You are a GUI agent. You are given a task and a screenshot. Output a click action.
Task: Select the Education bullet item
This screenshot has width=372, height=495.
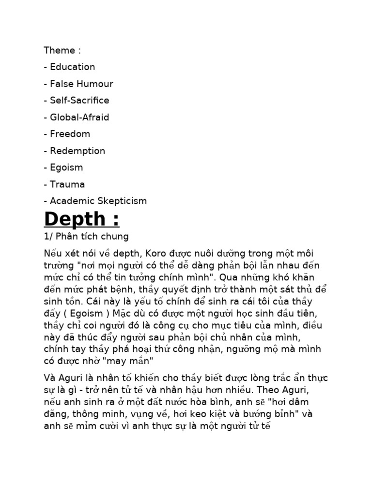coord(72,67)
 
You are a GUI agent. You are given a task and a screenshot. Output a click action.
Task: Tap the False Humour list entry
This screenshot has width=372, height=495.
coord(81,84)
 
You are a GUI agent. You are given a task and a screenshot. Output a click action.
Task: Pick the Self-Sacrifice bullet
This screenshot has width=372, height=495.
coord(79,101)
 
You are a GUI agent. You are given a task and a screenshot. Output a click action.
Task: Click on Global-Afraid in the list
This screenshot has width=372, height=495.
coord(79,117)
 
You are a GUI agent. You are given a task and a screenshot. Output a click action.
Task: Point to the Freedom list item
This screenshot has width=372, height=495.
coord(70,134)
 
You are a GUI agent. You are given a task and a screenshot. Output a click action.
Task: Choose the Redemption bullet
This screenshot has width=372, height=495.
coord(77,151)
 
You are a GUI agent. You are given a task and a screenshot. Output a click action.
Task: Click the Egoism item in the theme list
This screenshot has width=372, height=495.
coord(66,167)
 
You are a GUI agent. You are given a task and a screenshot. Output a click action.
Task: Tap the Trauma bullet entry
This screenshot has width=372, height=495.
coord(67,184)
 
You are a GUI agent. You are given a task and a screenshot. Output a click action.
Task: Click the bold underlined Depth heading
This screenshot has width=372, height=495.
coord(81,219)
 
